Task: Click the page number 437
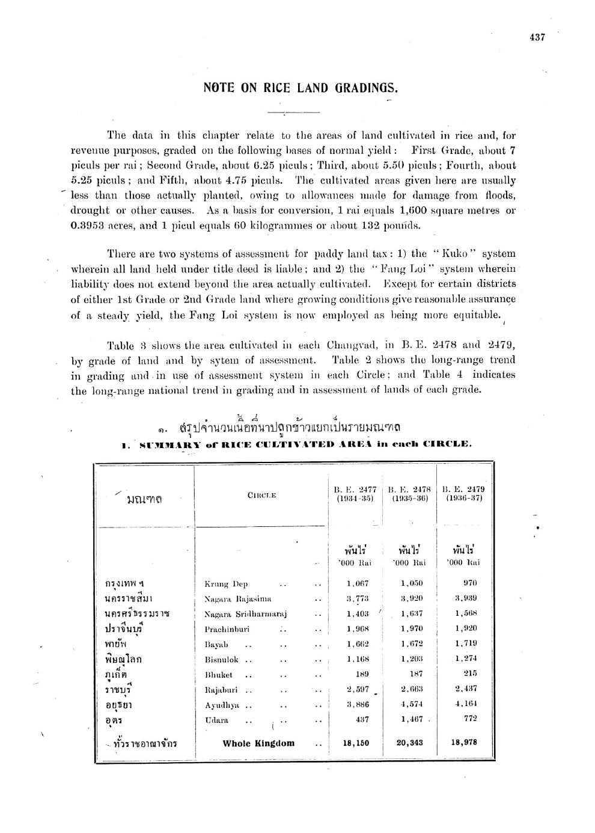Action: tap(537, 37)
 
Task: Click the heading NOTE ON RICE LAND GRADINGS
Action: tap(301, 88)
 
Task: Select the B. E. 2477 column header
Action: tap(355, 494)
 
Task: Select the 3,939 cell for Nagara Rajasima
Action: tap(466, 598)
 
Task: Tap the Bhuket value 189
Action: tap(358, 674)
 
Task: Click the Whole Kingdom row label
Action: tap(258, 743)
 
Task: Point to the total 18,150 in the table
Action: tap(355, 743)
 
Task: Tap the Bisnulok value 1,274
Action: tap(466, 659)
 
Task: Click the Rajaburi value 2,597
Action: tap(358, 689)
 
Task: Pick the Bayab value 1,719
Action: tap(466, 644)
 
